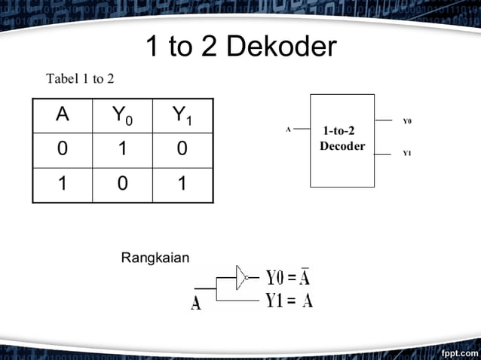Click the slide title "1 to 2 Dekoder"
pyautogui.click(x=240, y=47)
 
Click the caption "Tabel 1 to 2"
pyautogui.click(x=80, y=79)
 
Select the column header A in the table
pyautogui.click(x=63, y=114)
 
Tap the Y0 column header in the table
pyautogui.click(x=122, y=115)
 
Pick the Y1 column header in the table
pyautogui.click(x=182, y=115)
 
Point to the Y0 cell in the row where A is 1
pyautogui.click(x=122, y=184)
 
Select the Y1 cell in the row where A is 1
pyautogui.click(x=182, y=184)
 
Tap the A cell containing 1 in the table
pyautogui.click(x=63, y=184)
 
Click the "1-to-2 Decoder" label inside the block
pyautogui.click(x=342, y=139)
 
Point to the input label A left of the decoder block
pyautogui.click(x=288, y=130)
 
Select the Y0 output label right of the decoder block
pyautogui.click(x=407, y=121)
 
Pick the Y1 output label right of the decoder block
pyautogui.click(x=407, y=154)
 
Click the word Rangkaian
pyautogui.click(x=155, y=258)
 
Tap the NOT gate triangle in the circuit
pyautogui.click(x=241, y=276)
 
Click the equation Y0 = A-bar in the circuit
pyautogui.click(x=288, y=277)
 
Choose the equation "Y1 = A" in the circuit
pyautogui.click(x=289, y=301)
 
